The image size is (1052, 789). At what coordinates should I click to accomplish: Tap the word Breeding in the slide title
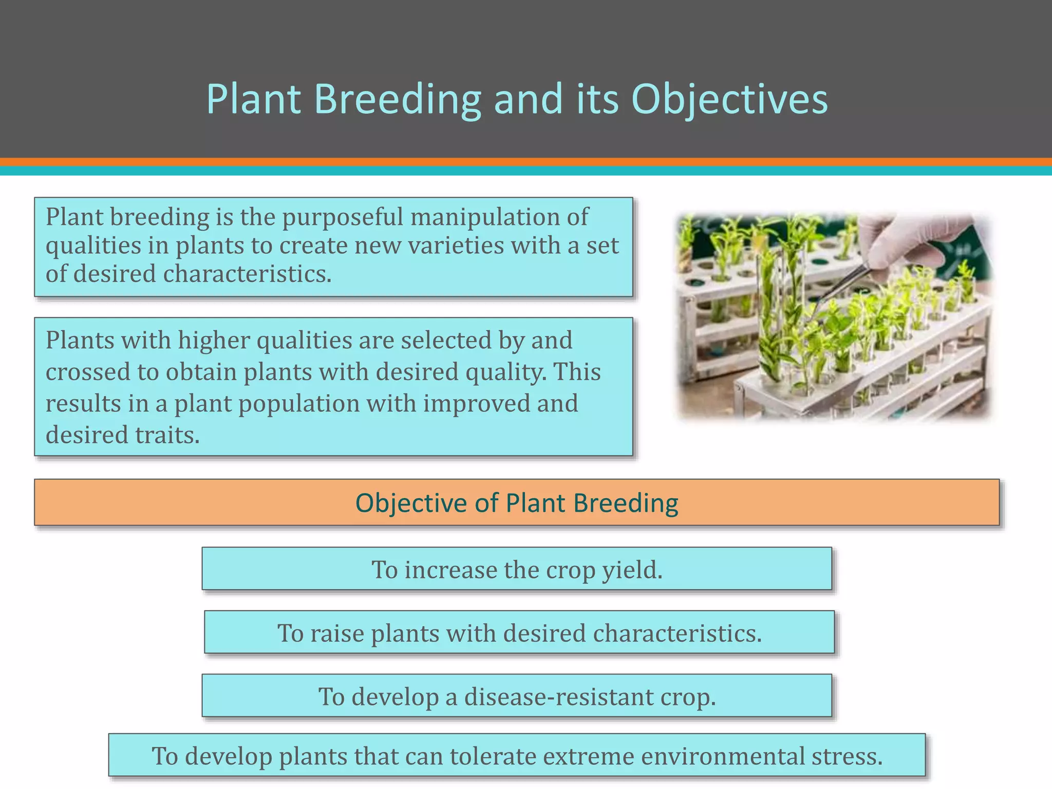[397, 99]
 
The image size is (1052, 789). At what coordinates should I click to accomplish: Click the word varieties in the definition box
[456, 245]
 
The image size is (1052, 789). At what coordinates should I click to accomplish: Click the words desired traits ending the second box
[122, 435]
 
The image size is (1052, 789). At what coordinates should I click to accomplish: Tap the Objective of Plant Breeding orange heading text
[516, 502]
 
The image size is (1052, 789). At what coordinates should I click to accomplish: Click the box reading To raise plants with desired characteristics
[519, 632]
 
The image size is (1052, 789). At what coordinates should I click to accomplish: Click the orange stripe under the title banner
[526, 162]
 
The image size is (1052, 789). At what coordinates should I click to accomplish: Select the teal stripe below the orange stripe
[526, 171]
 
